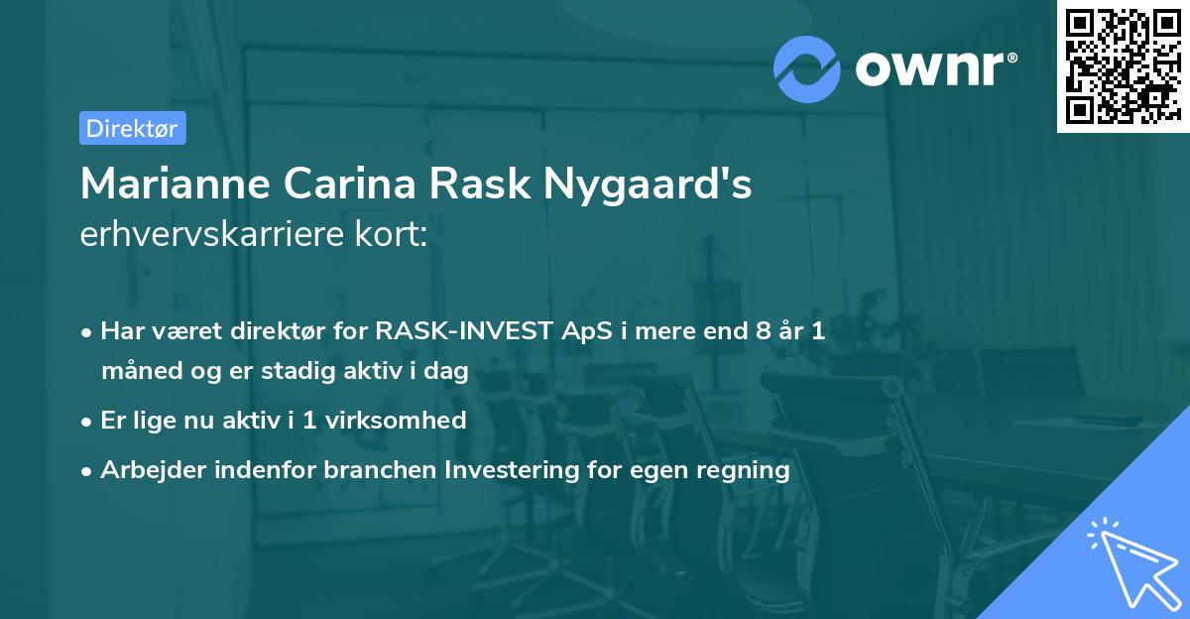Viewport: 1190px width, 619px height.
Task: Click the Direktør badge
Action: point(132,128)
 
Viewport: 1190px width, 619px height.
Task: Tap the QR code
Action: point(1122,65)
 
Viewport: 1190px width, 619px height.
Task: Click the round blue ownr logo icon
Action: point(806,68)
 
